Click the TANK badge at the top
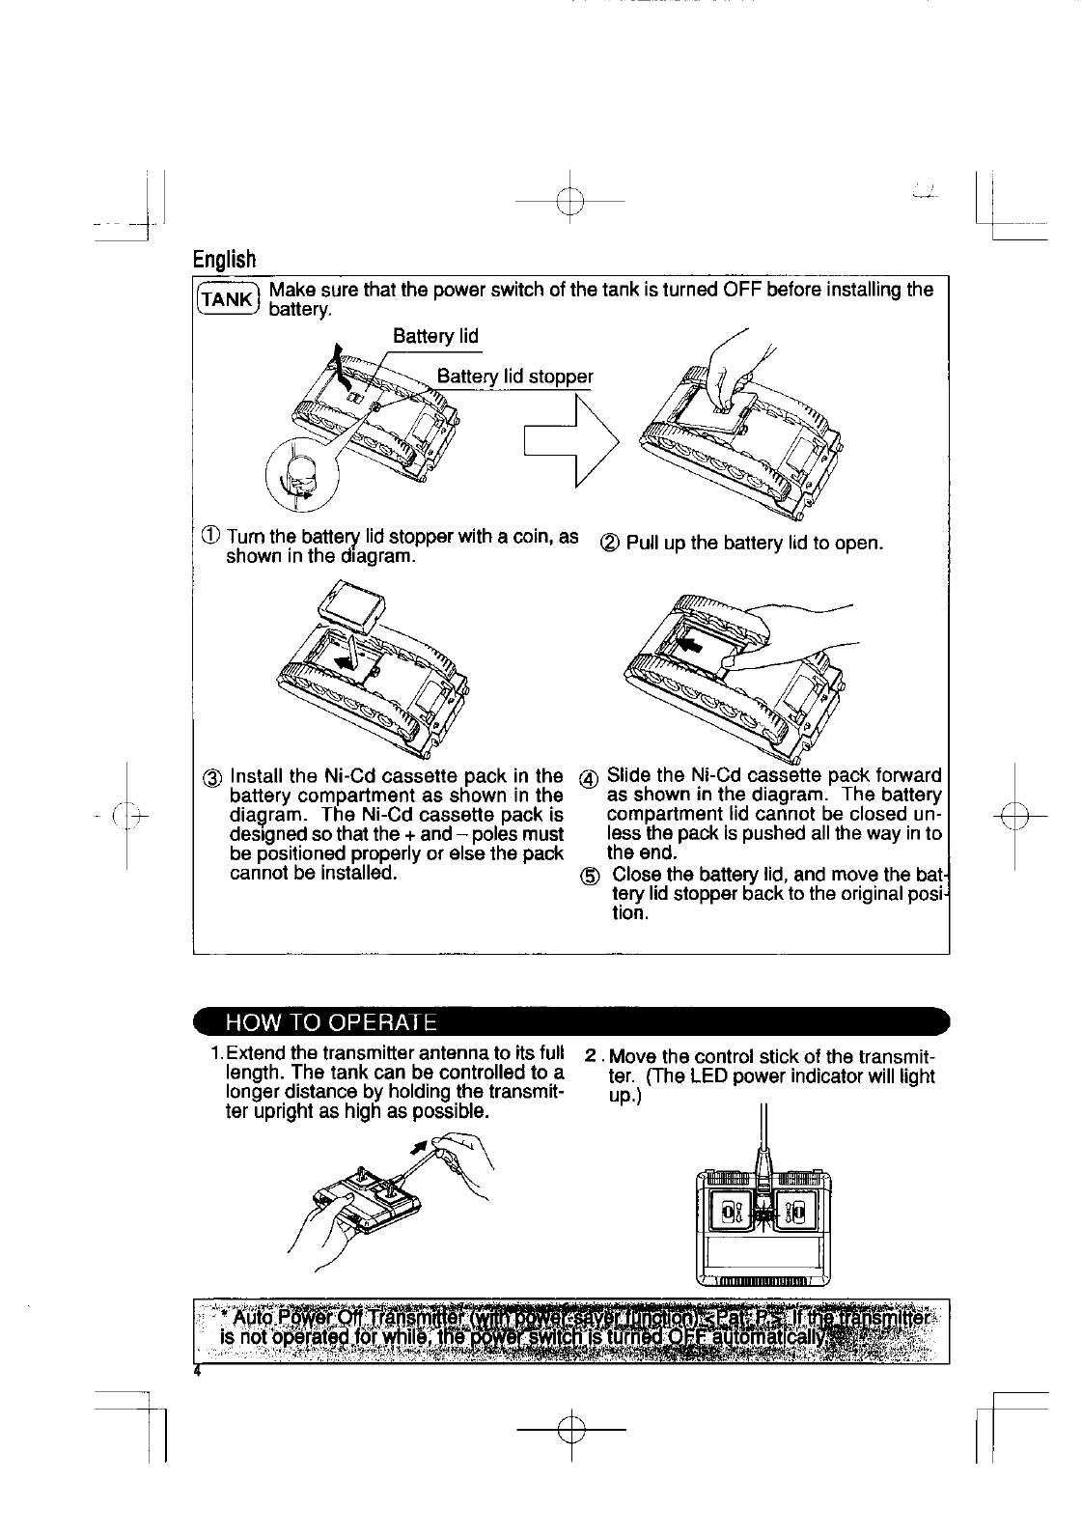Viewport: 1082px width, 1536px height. pos(227,298)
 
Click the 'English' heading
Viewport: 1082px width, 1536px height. pos(225,260)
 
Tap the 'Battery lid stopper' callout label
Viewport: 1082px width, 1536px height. pos(514,376)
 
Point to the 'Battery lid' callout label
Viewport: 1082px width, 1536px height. pos(435,336)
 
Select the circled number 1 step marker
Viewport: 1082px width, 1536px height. pos(210,538)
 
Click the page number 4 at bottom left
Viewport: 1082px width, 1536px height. pos(197,1371)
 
